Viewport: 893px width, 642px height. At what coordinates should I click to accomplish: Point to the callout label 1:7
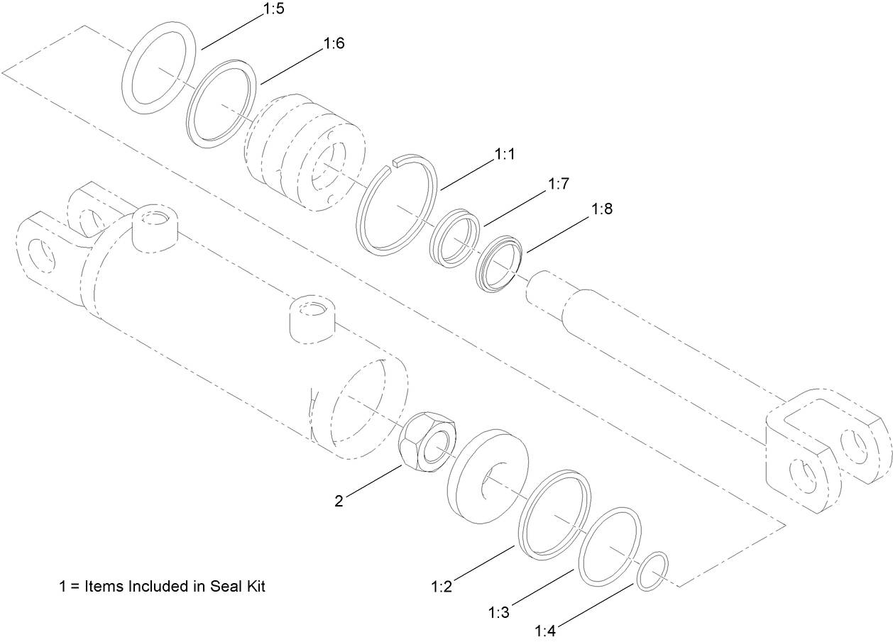[559, 184]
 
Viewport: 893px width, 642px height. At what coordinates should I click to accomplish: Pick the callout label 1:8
[601, 210]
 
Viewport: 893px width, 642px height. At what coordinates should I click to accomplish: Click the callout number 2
[339, 502]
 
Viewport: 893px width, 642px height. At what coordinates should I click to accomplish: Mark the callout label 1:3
[499, 611]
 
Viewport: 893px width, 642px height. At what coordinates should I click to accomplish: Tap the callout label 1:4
[544, 631]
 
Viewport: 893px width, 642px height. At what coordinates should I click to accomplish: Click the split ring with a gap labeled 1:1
[398, 205]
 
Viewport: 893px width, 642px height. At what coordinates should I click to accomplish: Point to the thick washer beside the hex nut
[487, 476]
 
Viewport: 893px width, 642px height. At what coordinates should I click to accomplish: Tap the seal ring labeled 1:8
[500, 263]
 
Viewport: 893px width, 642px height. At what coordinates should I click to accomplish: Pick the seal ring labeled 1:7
[456, 237]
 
